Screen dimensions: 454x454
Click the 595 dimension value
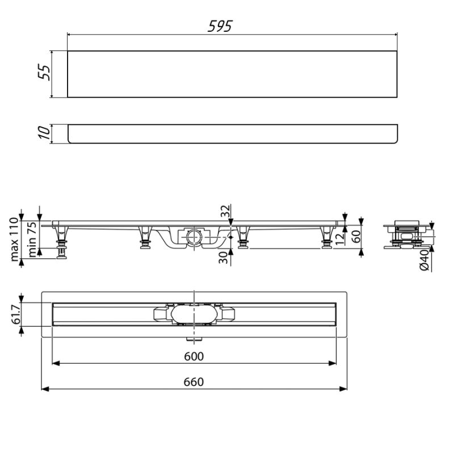point(220,26)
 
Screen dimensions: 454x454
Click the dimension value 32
point(225,211)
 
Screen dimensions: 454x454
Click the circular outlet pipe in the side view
point(194,235)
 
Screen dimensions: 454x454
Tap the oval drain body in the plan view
point(194,314)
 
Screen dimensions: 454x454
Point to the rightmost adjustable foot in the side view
point(327,238)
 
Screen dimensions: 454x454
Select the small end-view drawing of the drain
point(406,234)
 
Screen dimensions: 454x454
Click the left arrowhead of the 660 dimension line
point(44,389)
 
